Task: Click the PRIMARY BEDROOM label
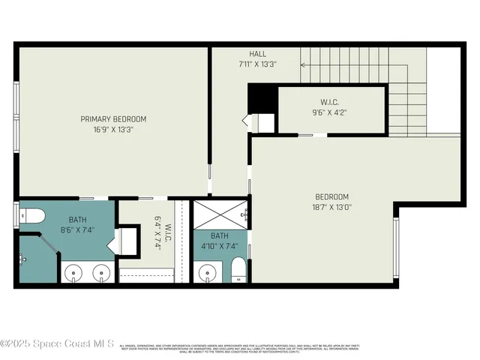(x=113, y=118)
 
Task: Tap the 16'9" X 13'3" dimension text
(x=113, y=129)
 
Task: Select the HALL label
(x=257, y=54)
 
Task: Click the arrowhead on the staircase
(x=303, y=64)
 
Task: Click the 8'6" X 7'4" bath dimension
(x=78, y=229)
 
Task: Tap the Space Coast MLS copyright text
(x=57, y=344)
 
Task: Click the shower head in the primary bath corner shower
(x=22, y=259)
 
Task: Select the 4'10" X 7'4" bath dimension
(x=220, y=244)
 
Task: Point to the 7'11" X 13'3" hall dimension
(x=257, y=64)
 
